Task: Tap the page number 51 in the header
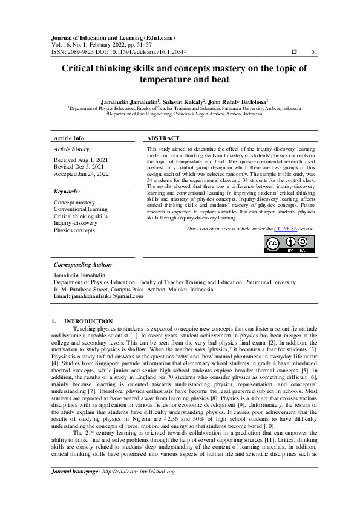(x=315, y=53)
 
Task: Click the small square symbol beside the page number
(x=293, y=53)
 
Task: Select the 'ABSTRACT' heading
(x=163, y=138)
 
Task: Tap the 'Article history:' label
(x=73, y=149)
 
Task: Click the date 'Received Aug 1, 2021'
(x=81, y=160)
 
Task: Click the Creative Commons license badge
(x=290, y=244)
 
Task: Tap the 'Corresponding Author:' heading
(x=83, y=265)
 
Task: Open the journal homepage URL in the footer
(x=138, y=488)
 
